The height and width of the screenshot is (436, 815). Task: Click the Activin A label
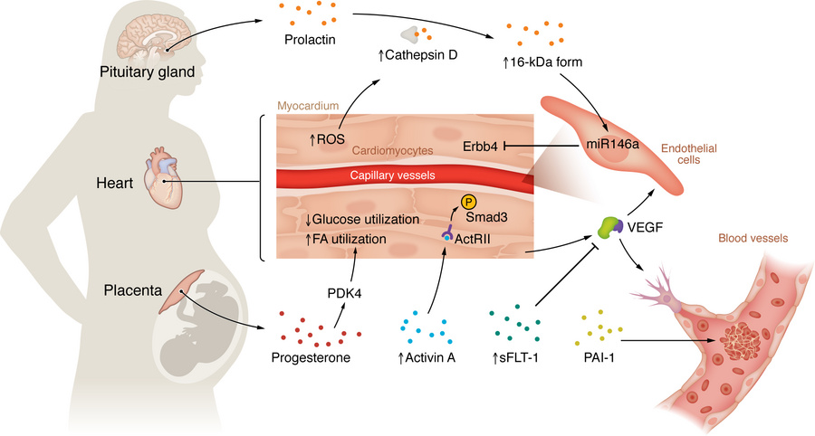tap(429, 357)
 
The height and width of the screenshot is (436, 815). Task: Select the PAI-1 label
tap(601, 357)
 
